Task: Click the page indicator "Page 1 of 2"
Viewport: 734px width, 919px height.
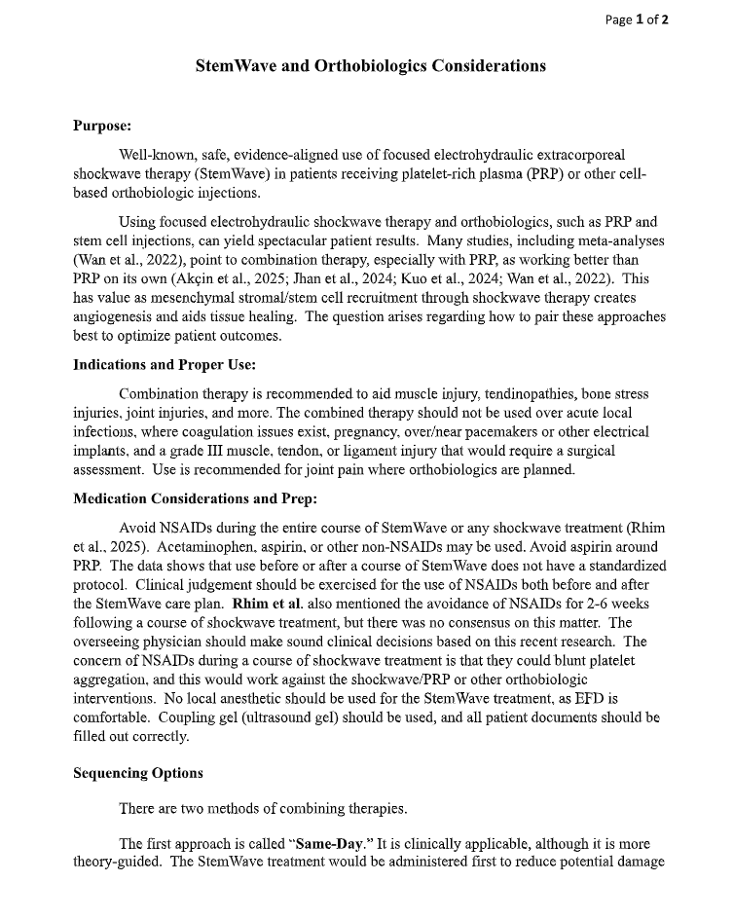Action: click(x=637, y=19)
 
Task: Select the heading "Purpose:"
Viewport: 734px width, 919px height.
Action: click(x=102, y=126)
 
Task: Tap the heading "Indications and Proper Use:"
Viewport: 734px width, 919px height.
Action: click(x=165, y=365)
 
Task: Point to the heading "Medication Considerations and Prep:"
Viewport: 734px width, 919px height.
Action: click(x=195, y=499)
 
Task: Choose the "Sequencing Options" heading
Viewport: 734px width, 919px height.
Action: click(x=138, y=773)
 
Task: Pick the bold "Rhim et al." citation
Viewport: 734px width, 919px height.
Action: click(x=269, y=604)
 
